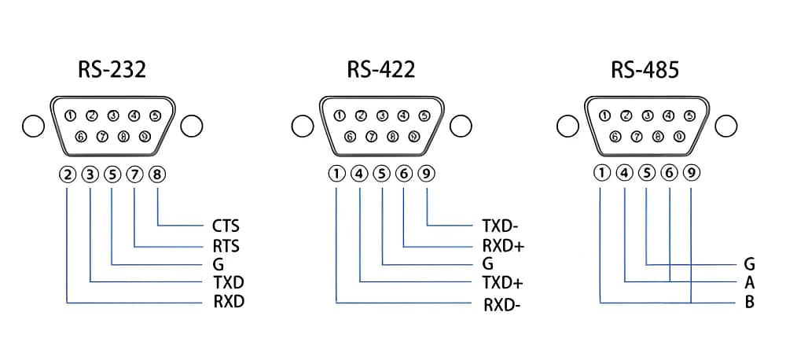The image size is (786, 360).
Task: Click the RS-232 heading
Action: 112,70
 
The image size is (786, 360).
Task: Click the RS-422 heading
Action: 381,70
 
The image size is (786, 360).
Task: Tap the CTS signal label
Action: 226,226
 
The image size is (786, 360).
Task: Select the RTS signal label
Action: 226,246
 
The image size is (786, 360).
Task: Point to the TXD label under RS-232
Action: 228,282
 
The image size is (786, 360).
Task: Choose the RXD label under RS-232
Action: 229,301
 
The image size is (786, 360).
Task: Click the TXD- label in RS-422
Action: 499,226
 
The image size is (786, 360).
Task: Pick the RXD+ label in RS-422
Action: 503,246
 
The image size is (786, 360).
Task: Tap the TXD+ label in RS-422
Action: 503,283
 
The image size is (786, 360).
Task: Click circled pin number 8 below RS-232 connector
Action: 157,174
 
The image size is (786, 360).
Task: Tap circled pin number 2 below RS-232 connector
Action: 68,174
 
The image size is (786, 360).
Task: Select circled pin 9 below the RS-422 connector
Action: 426,174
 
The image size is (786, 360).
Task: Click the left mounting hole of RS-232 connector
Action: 32,125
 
